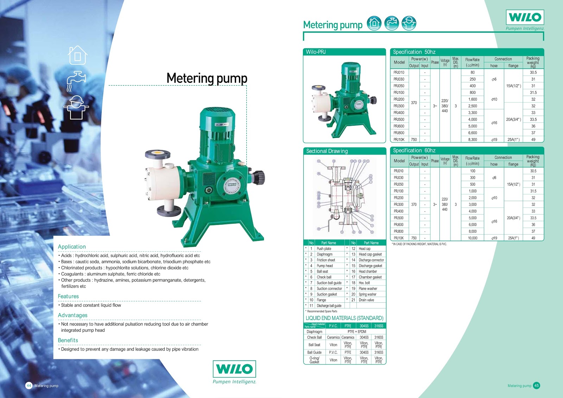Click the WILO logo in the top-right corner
point(525,17)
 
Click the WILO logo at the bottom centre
point(234,369)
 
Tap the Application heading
point(72,247)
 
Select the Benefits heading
point(68,340)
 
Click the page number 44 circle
point(29,385)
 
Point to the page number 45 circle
point(536,385)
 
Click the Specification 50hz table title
point(414,52)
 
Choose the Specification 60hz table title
point(414,150)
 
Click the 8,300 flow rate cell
point(473,140)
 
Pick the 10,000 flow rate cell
point(473,238)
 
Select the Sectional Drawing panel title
point(327,151)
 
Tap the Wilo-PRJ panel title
point(316,52)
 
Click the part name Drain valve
point(366,300)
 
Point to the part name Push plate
point(324,249)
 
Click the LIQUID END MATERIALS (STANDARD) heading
point(344,318)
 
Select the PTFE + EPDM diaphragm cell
point(357,332)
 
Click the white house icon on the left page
point(78,55)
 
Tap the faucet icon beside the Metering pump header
point(391,23)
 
